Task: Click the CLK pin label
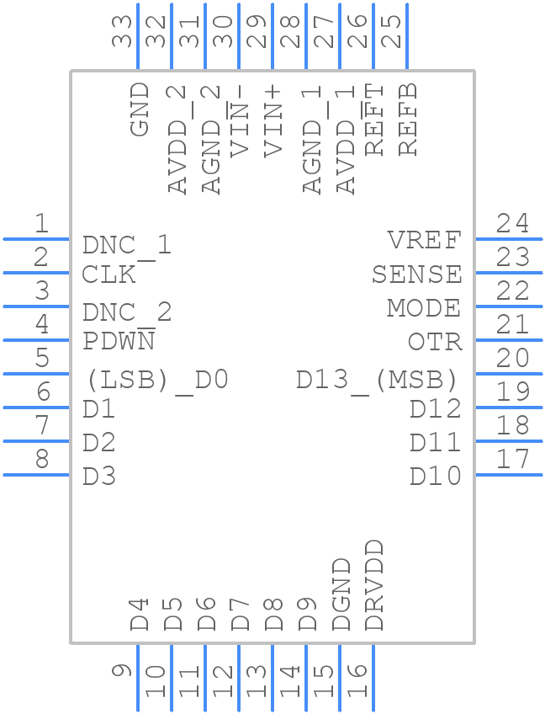click(x=108, y=274)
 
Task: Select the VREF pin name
click(x=425, y=241)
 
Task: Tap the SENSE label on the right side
click(x=417, y=274)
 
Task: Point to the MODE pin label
click(x=424, y=308)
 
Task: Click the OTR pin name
click(x=435, y=342)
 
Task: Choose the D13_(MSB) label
click(x=377, y=380)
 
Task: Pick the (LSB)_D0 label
click(x=156, y=380)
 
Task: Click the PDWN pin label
click(x=119, y=342)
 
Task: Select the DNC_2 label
click(x=127, y=313)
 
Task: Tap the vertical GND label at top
click(x=140, y=109)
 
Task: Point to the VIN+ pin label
click(x=273, y=121)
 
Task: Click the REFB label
click(x=408, y=120)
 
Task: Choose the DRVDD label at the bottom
click(x=374, y=586)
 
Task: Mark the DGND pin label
click(x=341, y=594)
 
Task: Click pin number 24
click(x=512, y=224)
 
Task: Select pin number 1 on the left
click(x=40, y=224)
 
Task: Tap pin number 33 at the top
click(x=123, y=31)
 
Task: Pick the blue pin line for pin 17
click(x=509, y=475)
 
